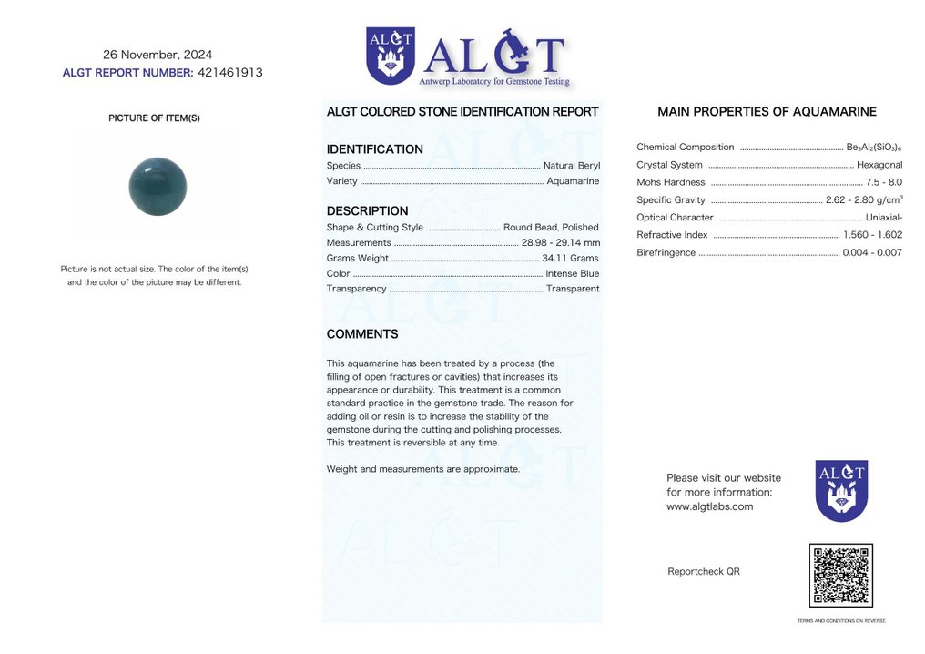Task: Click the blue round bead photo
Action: click(158, 187)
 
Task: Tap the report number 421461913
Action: click(229, 73)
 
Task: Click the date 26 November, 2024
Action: click(158, 55)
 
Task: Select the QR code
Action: click(840, 576)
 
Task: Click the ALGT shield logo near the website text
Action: click(841, 490)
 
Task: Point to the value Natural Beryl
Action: click(571, 166)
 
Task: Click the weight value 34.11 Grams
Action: click(571, 259)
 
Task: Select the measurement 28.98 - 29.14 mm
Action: click(561, 242)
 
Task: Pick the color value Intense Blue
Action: click(572, 273)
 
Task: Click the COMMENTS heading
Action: click(362, 334)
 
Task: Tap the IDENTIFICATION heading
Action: click(374, 149)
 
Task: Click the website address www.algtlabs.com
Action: click(709, 506)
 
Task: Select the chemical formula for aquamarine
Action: click(874, 148)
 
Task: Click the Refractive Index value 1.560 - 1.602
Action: click(872, 235)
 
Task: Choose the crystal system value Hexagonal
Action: click(879, 165)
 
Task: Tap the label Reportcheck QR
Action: click(704, 572)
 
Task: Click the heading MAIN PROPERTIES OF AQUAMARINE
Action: click(767, 112)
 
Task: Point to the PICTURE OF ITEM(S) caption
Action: click(154, 118)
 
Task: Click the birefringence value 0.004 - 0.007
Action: click(872, 252)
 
